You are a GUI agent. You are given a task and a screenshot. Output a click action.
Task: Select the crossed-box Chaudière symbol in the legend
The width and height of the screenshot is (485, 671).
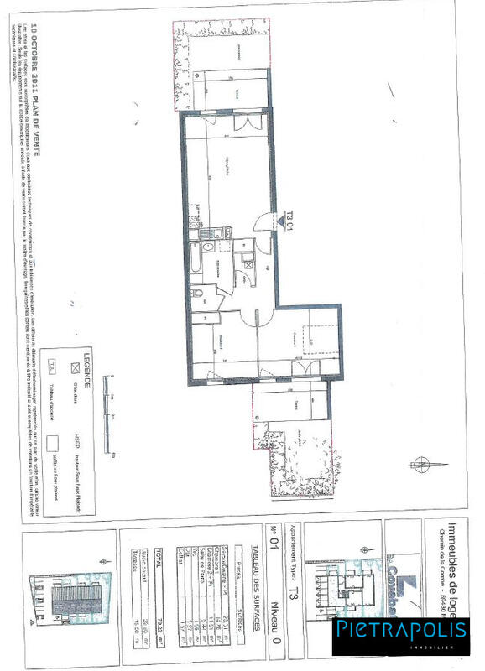point(73,367)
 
